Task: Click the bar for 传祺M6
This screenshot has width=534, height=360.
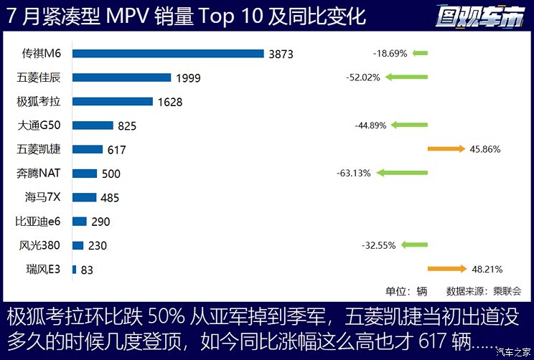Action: coord(168,53)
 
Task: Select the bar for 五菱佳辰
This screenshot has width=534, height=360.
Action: coord(121,77)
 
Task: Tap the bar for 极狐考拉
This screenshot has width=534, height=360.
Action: coord(112,101)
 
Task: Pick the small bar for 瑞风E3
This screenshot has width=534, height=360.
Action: coord(74,269)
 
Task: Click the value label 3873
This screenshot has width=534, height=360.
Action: coord(281,54)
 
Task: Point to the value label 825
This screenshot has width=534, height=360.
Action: coord(127,125)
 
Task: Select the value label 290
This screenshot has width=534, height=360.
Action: coord(101,222)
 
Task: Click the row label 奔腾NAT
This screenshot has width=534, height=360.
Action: coord(43,173)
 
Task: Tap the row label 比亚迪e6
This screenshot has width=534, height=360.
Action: coord(41,221)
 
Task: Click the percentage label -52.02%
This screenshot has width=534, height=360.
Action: coord(362,77)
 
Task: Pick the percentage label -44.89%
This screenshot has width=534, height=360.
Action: coord(370,125)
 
